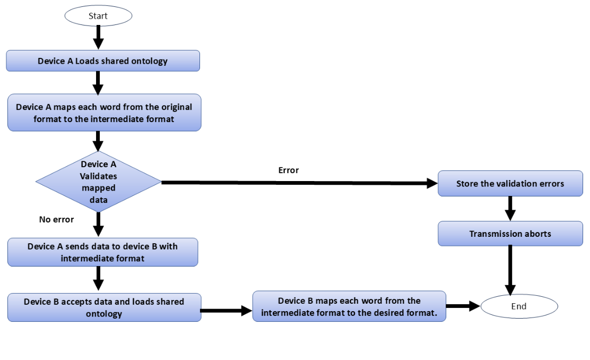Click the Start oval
click(98, 16)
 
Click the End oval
click(518, 306)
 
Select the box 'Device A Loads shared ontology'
click(103, 61)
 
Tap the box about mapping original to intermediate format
click(104, 113)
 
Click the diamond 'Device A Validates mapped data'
click(98, 182)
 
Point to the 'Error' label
click(289, 170)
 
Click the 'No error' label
click(56, 219)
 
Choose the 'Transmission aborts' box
click(510, 234)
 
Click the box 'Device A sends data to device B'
click(102, 252)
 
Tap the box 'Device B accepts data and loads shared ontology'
click(104, 307)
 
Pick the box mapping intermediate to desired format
click(349, 307)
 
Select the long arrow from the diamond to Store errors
click(297, 183)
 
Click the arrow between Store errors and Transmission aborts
click(510, 209)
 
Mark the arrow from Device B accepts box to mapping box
click(226, 310)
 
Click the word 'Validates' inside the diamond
click(99, 176)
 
